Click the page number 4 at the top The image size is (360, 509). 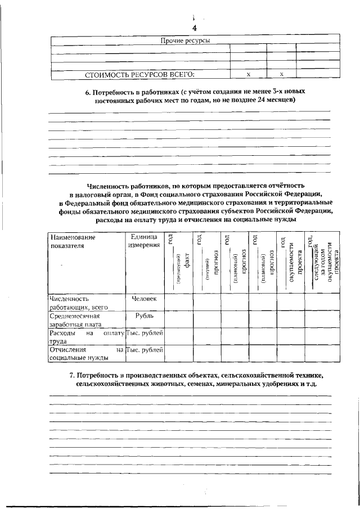(194, 28)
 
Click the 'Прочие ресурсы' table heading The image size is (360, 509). (186, 41)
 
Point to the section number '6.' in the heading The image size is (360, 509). (97, 91)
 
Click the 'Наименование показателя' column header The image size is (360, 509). (72, 241)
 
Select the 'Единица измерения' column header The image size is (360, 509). (144, 241)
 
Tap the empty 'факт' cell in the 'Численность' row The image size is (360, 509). (178, 301)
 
